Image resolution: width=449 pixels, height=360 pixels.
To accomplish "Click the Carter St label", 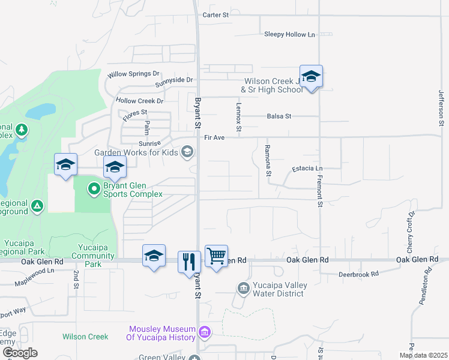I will tap(217, 14).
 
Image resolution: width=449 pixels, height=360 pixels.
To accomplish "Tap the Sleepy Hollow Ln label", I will tap(289, 34).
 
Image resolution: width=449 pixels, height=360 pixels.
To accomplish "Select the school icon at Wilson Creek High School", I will tap(311, 77).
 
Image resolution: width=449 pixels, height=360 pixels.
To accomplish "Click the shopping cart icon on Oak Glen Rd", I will tap(216, 256).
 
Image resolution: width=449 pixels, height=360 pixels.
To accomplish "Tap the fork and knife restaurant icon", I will tap(189, 261).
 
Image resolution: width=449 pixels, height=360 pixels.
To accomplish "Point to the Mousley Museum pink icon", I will tap(205, 332).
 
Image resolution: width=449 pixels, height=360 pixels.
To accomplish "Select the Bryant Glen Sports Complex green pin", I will tap(94, 190).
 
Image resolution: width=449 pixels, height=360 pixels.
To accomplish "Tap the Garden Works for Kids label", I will tap(136, 152).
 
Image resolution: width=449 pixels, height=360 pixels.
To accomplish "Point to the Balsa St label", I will tap(279, 116).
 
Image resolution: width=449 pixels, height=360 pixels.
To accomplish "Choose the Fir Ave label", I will tap(214, 137).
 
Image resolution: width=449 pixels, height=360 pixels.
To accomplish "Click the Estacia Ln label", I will tap(307, 169).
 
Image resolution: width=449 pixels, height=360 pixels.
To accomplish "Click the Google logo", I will tap(19, 353).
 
